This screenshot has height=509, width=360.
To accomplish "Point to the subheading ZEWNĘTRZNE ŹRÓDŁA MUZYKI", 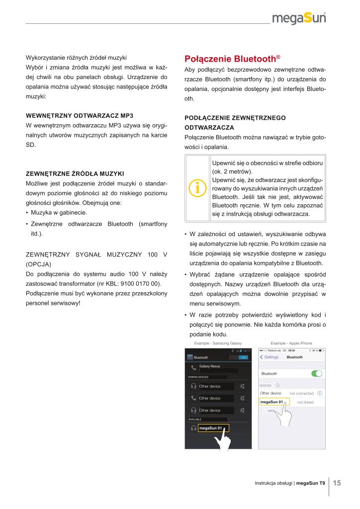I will coord(75,173).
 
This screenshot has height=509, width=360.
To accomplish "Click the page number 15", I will coord(337,483).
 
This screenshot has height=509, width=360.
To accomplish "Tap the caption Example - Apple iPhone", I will coord(291,343).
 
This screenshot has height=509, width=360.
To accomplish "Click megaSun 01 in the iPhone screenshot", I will coord(271,402).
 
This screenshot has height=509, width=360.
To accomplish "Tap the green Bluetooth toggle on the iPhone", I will coord(316,373).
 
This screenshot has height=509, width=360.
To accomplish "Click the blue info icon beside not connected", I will coord(319,393).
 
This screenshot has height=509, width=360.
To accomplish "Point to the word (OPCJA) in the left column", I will coord(38,264).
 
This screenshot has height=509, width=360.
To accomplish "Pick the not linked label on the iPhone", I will coord(305,402).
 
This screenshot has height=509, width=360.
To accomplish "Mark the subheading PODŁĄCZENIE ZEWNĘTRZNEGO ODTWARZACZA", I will coord(234,122).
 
